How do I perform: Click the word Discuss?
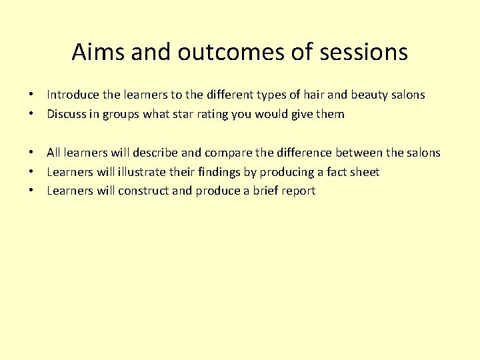(x=66, y=114)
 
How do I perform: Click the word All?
(x=54, y=153)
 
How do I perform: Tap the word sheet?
(x=364, y=172)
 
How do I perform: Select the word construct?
(x=143, y=191)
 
